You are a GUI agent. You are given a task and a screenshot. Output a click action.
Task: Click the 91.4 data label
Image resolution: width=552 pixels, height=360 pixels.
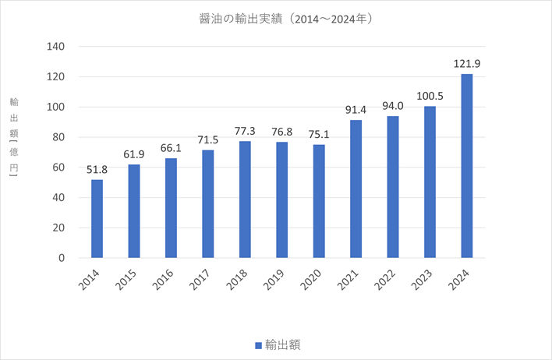pyautogui.click(x=356, y=108)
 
